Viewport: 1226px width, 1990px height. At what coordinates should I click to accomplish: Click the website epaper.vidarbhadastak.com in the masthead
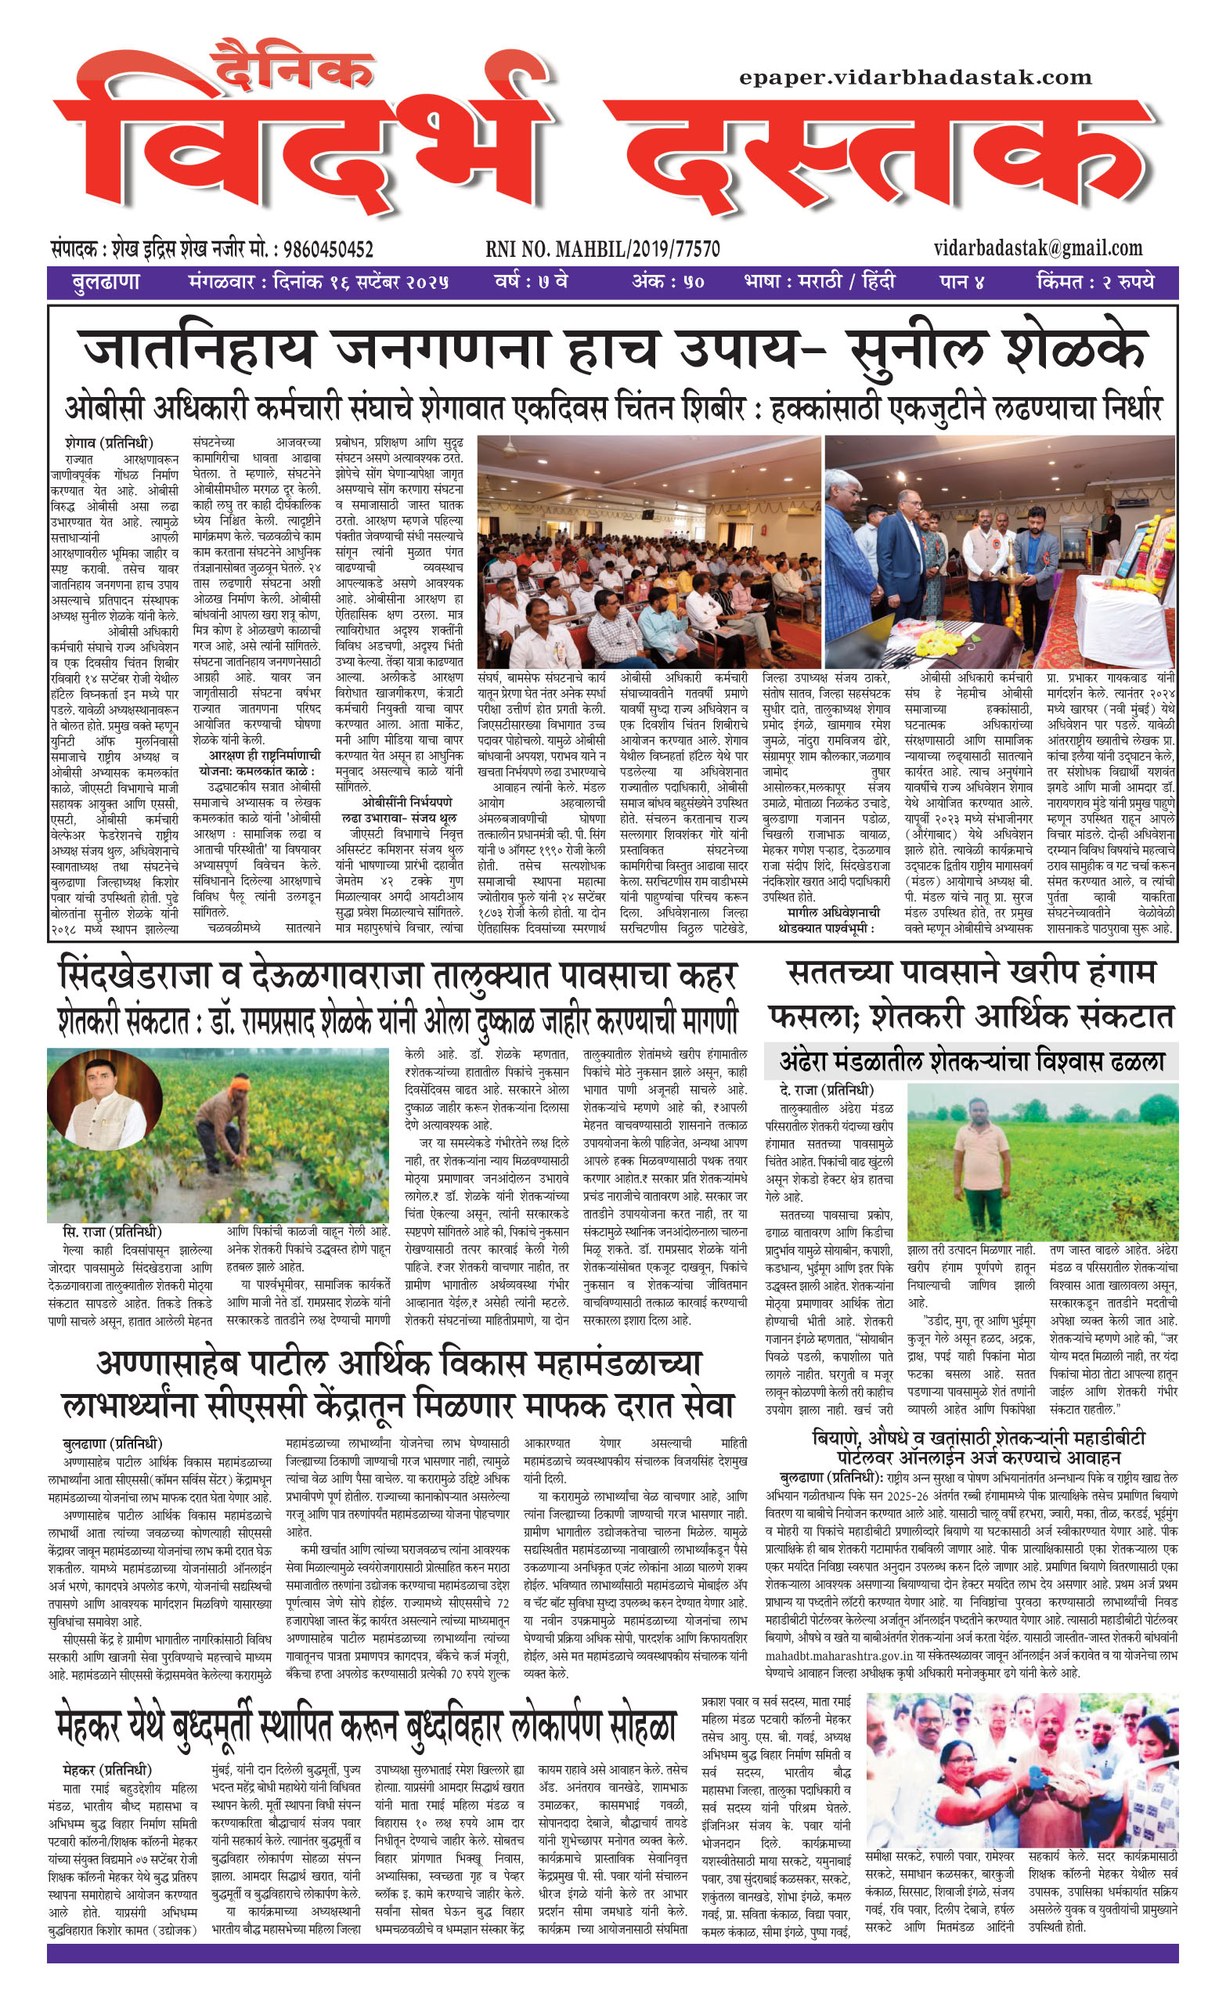(915, 78)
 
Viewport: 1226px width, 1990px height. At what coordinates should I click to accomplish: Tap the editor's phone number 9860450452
(327, 249)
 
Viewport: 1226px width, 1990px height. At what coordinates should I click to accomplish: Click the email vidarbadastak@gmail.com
(1037, 247)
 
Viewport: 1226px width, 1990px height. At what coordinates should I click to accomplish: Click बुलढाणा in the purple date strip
(106, 283)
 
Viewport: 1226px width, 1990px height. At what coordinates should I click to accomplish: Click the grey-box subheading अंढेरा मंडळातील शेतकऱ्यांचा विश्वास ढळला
(972, 1060)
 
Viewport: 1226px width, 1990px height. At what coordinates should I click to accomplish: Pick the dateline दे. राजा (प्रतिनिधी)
(826, 1091)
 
